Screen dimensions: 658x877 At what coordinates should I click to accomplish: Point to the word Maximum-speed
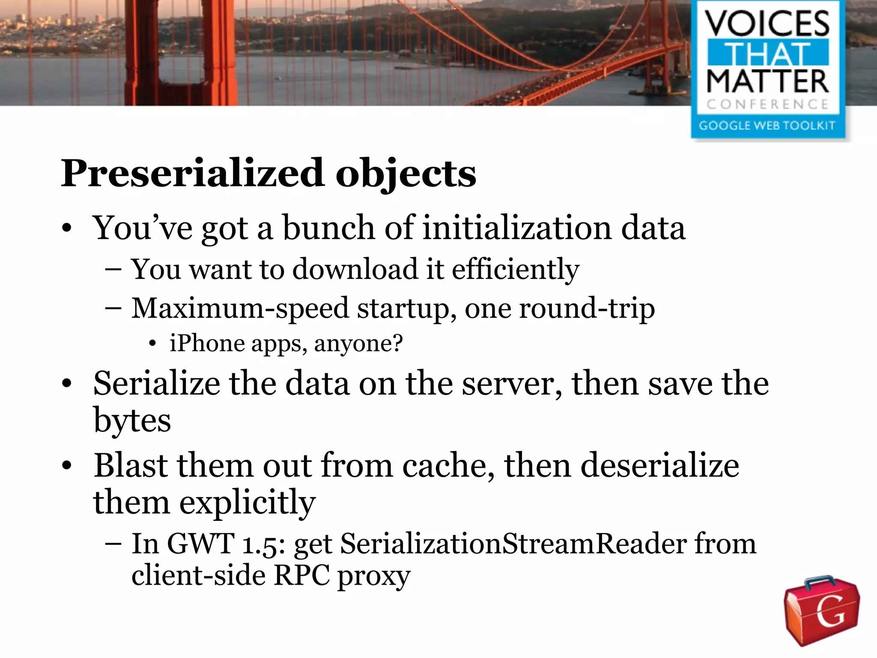click(240, 308)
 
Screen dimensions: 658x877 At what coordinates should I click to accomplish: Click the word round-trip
click(587, 308)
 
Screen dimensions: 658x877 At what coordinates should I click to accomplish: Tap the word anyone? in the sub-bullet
click(358, 344)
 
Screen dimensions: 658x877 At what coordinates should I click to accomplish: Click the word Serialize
click(156, 383)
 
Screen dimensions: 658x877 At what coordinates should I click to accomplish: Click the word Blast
click(131, 466)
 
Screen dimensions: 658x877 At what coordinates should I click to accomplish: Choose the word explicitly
click(247, 502)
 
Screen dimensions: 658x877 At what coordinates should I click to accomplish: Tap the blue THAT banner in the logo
click(767, 53)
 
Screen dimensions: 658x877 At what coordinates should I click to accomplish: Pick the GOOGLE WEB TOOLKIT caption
click(767, 126)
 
